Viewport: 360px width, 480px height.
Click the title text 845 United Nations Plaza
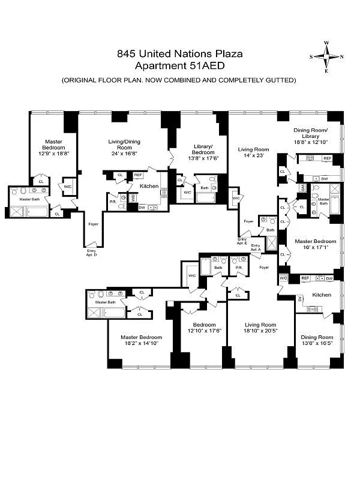point(180,55)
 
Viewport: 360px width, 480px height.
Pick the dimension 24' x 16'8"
point(124,153)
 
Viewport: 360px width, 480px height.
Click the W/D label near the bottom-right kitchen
point(284,278)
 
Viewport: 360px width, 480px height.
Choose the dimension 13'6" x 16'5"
point(316,344)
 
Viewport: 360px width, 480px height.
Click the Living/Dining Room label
point(124,145)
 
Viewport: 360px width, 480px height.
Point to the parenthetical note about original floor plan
point(179,80)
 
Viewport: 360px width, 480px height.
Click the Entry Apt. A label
point(256,247)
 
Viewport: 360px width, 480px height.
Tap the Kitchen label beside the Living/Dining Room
point(149,186)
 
